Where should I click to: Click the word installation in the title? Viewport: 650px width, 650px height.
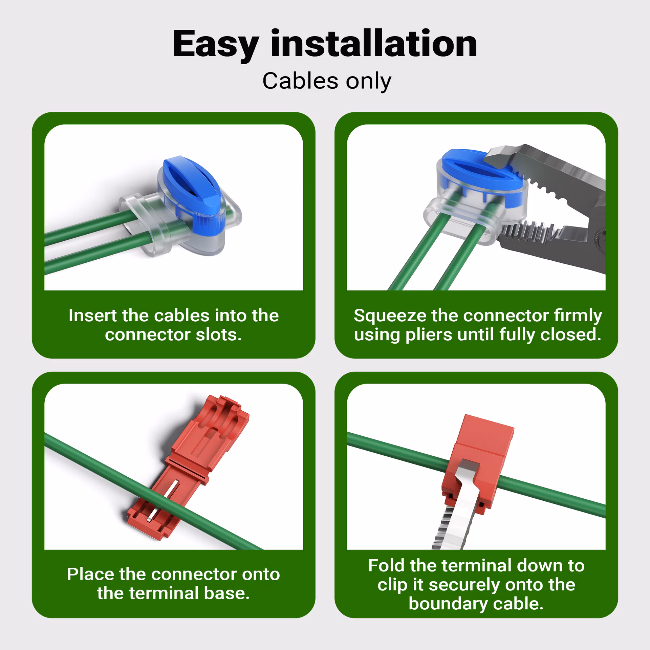pyautogui.click(x=374, y=43)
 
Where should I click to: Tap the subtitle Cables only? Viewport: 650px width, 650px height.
pyautogui.click(x=327, y=81)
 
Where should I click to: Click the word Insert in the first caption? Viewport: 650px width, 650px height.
pyautogui.click(x=93, y=316)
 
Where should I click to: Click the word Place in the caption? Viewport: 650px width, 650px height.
pyautogui.click(x=90, y=574)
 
